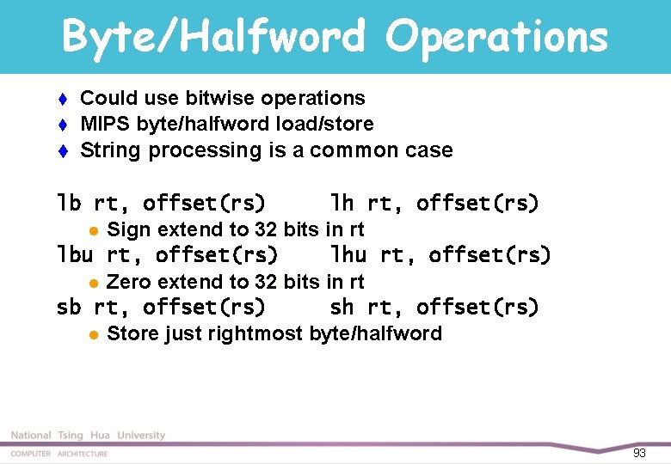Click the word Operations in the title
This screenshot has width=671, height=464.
[496, 37]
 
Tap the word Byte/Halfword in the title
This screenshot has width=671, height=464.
[215, 37]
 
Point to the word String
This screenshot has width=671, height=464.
[108, 150]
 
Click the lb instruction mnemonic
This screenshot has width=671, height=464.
[69, 204]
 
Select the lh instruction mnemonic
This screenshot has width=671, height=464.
[342, 204]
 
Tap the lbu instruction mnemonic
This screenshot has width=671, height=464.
[75, 255]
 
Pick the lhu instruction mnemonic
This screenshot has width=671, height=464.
[348, 255]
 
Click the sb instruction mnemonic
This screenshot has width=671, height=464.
[69, 307]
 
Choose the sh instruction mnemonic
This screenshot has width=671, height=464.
[342, 307]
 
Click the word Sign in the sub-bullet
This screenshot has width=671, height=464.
[128, 229]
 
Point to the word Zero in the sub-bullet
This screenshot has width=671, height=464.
[128, 281]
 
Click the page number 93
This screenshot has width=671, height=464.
[638, 453]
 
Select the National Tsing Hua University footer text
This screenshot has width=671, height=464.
[88, 436]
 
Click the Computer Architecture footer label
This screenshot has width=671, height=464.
[59, 454]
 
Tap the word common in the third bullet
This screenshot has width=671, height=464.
[355, 150]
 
